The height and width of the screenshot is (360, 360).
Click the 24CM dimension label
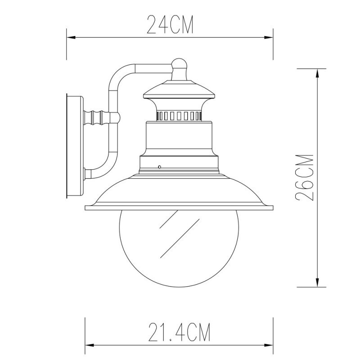[x=170, y=25]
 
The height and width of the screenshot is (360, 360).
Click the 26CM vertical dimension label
[x=306, y=178]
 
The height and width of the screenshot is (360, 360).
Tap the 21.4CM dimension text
[x=179, y=333]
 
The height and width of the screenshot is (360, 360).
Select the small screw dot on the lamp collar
[x=160, y=167]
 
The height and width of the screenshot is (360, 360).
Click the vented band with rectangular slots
[x=180, y=116]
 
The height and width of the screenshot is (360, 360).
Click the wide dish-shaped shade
[x=180, y=191]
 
